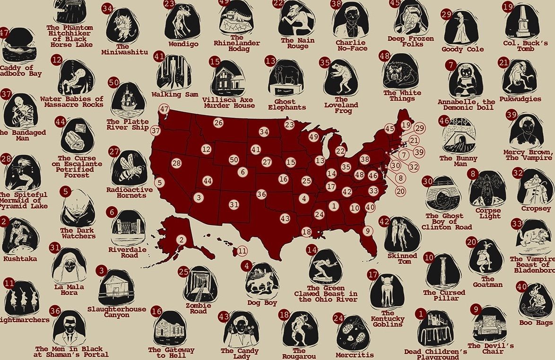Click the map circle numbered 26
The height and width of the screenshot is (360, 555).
click(x=218, y=123)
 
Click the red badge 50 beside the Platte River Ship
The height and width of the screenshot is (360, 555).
click(x=113, y=82)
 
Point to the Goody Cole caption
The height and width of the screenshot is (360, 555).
click(x=462, y=49)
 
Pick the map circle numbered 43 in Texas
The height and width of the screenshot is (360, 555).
click(x=285, y=219)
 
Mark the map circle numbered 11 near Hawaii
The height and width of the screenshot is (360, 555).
click(x=242, y=251)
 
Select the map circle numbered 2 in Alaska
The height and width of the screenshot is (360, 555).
click(x=181, y=240)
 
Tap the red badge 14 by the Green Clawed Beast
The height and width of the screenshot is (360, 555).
click(x=312, y=249)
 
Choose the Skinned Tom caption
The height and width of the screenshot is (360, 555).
click(x=402, y=258)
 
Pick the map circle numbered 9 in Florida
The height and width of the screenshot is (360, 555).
click(x=366, y=230)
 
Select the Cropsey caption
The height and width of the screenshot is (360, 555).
click(x=536, y=209)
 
